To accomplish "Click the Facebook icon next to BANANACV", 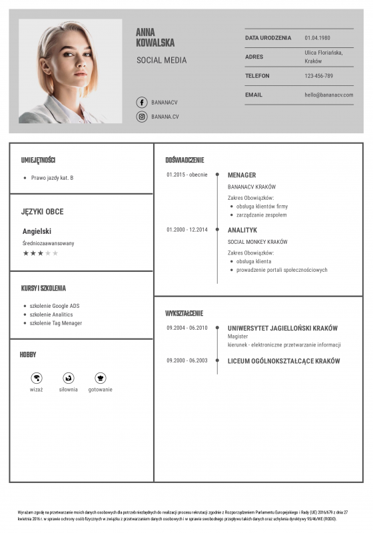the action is pos(141,103).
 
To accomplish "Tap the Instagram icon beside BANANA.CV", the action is pos(141,117).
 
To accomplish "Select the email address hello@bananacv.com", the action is pos(329,95).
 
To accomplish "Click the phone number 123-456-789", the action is pos(319,76).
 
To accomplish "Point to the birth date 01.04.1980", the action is pos(318,38).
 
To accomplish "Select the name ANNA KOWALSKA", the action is pos(155,37).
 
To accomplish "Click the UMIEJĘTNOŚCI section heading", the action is pos(38,160).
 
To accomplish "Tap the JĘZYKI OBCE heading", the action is pos(42,212).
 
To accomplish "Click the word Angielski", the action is pos(37,231).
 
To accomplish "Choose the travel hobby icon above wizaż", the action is pos(37,378).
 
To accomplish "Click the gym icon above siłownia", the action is pos(68,378).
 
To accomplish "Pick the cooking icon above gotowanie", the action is pos(101,378).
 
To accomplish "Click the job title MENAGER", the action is pos(242,175).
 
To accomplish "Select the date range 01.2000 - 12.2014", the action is pos(187,230).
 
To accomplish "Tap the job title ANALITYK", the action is pos(242,230).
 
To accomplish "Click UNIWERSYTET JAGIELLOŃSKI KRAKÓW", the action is pos(282,328).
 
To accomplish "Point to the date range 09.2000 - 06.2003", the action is pos(187,360).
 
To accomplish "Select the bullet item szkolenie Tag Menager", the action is pos(56,323).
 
